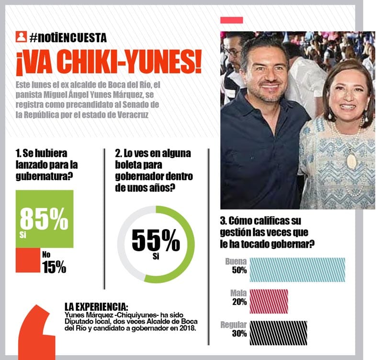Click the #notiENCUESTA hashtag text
[68, 37]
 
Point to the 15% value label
[54, 267]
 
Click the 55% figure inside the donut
[155, 241]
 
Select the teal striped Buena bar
[297, 269]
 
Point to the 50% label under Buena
[239, 270]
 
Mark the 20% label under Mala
[239, 302]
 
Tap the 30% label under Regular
[239, 334]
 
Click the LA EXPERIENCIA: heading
[96, 306]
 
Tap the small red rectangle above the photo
[231, 20]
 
